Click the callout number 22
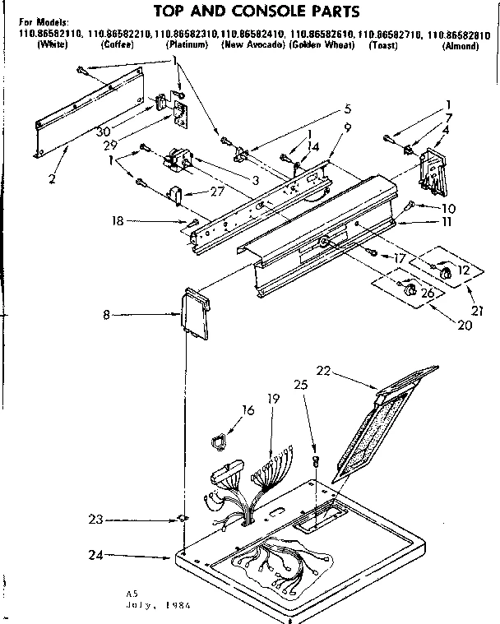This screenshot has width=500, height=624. (x=323, y=370)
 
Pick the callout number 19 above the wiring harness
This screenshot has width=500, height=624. (x=274, y=399)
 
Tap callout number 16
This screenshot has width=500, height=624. (x=248, y=408)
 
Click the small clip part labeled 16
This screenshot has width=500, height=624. (x=219, y=442)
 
